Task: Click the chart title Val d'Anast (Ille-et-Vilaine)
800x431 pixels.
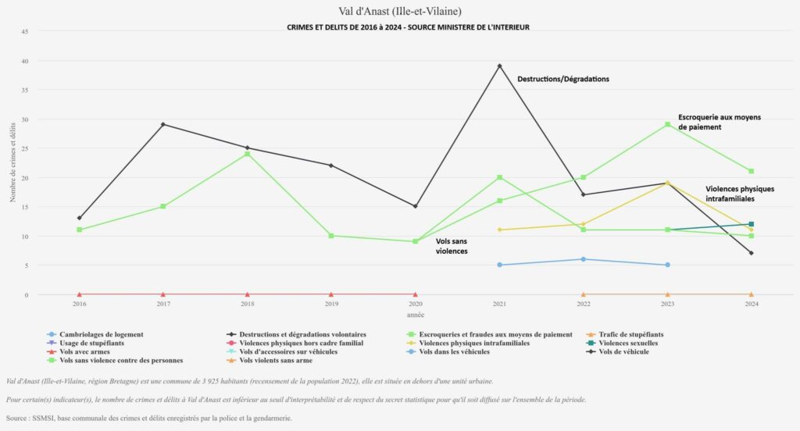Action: click(x=400, y=11)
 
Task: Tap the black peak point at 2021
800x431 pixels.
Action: click(x=499, y=66)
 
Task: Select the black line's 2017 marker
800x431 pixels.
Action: click(x=163, y=124)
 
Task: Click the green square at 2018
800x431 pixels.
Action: click(x=247, y=154)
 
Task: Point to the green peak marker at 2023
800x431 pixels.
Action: click(x=667, y=124)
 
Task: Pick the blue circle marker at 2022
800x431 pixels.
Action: click(x=584, y=259)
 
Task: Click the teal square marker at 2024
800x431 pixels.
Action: click(x=751, y=224)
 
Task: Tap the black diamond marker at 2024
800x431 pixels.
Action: click(x=751, y=253)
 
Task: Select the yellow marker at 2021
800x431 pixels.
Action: click(x=499, y=230)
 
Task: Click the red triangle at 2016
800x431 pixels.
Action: click(x=80, y=294)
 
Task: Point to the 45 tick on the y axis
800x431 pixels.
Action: click(x=25, y=31)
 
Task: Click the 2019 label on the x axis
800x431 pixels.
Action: click(x=331, y=304)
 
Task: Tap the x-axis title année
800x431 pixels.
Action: click(x=415, y=314)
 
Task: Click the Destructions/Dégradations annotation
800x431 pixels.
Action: click(x=562, y=79)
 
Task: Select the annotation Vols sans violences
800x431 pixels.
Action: click(x=452, y=247)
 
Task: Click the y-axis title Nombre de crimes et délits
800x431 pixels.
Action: click(x=13, y=163)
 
